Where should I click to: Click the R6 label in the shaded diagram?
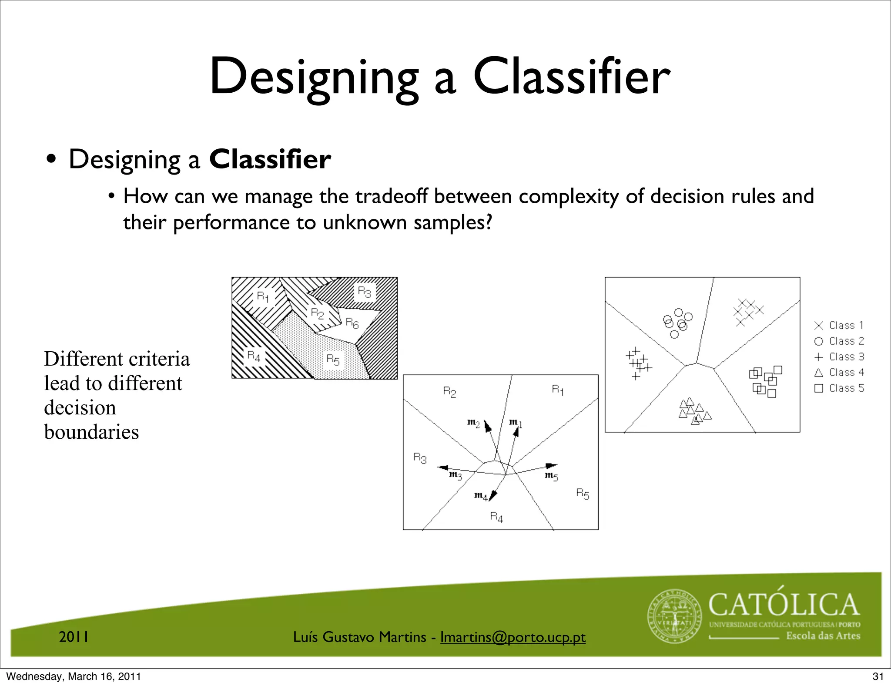(x=352, y=323)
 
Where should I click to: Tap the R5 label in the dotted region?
(x=333, y=360)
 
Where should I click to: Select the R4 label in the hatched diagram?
(x=254, y=356)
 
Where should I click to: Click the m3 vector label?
(x=455, y=475)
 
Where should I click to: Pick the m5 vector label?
(x=551, y=476)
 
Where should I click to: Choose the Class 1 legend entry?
(x=839, y=326)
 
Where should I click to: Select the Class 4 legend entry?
(x=839, y=373)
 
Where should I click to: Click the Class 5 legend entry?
(x=839, y=388)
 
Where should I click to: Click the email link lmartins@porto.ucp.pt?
(x=512, y=637)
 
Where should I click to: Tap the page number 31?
(x=878, y=676)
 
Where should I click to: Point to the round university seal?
(x=675, y=616)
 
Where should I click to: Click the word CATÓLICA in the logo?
(x=784, y=605)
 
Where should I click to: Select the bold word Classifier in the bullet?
(x=270, y=159)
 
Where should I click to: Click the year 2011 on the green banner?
(x=74, y=637)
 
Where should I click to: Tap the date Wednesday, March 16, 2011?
(x=74, y=676)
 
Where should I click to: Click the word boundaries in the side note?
(x=91, y=432)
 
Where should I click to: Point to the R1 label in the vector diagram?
(x=557, y=390)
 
